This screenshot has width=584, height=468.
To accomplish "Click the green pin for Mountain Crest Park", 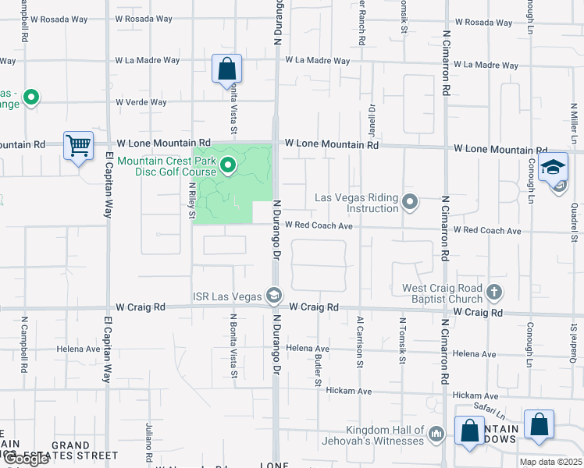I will pos(228,165).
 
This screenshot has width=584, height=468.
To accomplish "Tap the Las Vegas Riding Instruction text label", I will pos(357,203).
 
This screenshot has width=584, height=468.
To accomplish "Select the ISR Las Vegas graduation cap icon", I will pos(273,295).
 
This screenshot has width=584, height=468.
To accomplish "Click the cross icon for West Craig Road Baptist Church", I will pos(493,292).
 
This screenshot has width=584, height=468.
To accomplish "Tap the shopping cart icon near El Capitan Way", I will pos(78,145).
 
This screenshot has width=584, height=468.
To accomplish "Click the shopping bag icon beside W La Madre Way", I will pos(226,68).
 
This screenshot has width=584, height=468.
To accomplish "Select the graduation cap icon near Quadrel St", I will pos(554,168).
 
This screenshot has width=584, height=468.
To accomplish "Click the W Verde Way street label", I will pos(141,102).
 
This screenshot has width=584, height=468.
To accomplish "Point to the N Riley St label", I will pos(192,200).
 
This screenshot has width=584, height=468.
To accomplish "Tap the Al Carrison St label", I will pos(360,341).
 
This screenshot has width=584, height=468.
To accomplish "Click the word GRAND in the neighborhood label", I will pos(70,446).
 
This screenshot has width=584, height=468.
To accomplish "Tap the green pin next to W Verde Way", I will pos(31,97).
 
